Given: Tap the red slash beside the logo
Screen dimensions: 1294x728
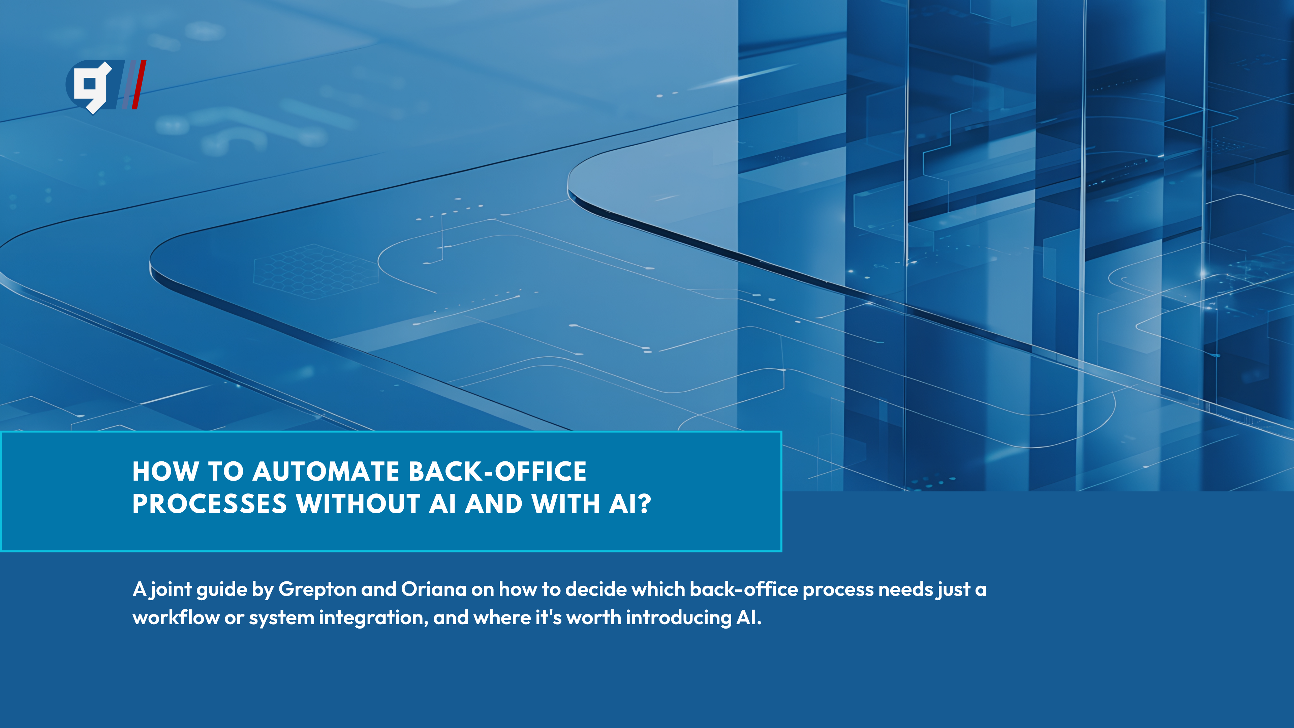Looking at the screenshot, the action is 139,84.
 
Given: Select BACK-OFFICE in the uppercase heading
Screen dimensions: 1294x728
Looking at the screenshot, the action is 497,471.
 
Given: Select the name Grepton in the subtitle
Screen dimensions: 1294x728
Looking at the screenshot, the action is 317,590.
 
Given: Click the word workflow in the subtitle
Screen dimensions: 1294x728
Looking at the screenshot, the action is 176,617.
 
